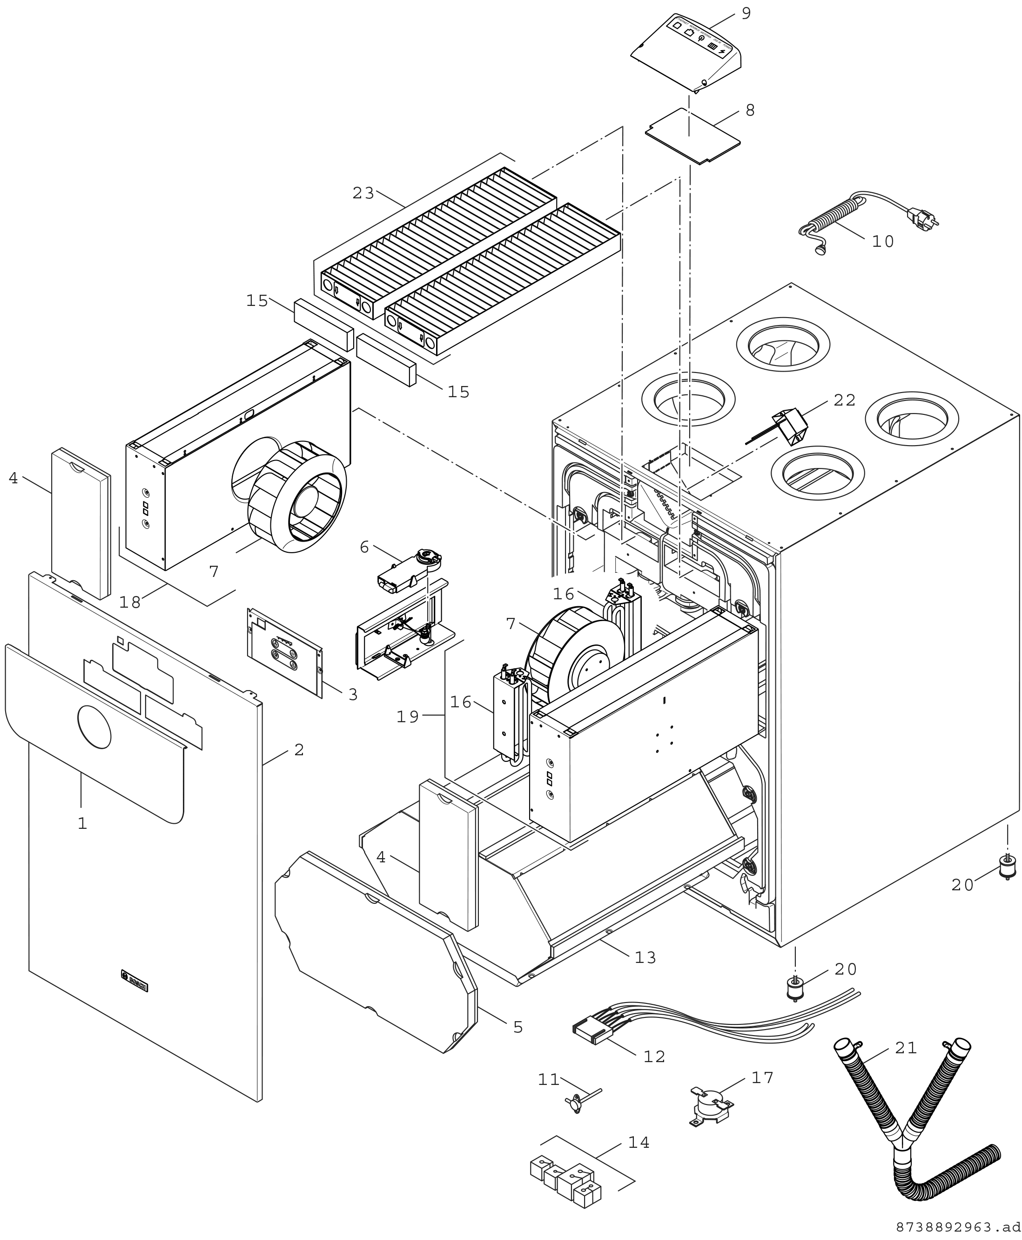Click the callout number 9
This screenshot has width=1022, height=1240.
click(746, 14)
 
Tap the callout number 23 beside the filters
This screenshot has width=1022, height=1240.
click(363, 193)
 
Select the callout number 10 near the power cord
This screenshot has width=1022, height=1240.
click(882, 242)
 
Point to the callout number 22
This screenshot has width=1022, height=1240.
click(844, 400)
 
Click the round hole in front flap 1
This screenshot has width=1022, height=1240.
click(94, 727)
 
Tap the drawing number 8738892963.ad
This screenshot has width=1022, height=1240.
click(958, 1227)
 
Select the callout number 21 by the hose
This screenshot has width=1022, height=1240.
click(906, 1048)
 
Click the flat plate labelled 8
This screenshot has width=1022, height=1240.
click(693, 136)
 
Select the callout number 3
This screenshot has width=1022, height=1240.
click(353, 695)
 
